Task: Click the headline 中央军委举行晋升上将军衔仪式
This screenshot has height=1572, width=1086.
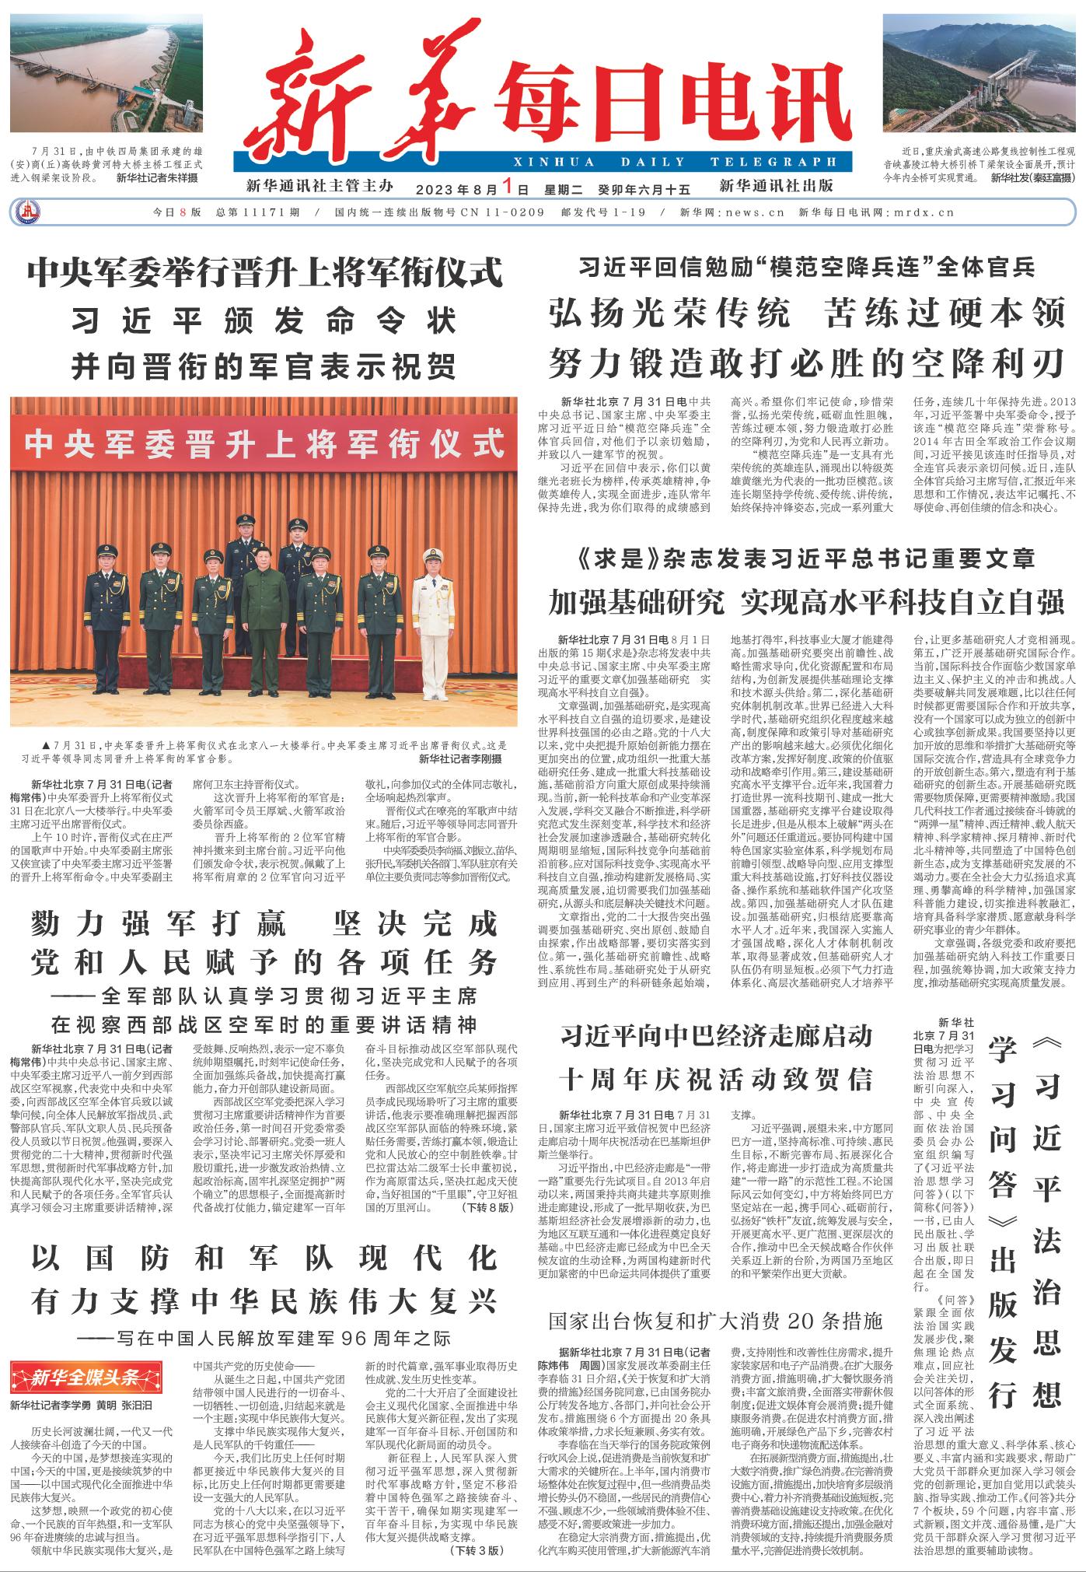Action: (265, 273)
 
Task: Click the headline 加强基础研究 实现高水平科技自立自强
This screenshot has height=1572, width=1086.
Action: (806, 601)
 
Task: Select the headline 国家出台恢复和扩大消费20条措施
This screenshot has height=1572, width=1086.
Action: (715, 1321)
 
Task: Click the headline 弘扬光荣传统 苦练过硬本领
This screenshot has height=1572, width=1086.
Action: (806, 313)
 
